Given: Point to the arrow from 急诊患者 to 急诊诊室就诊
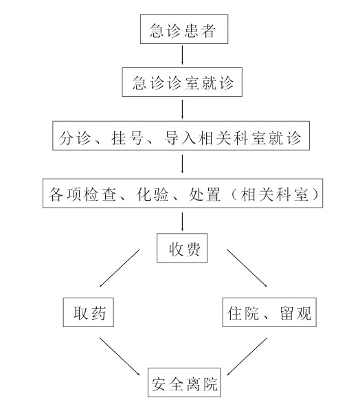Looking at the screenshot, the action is [x=182, y=55].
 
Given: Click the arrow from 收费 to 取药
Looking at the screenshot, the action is [x=120, y=268].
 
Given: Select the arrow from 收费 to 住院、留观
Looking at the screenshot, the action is [x=247, y=268].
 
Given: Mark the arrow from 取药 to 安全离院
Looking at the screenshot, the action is [x=120, y=357].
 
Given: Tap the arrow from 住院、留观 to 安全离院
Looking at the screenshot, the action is [x=247, y=357].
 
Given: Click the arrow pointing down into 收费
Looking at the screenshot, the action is [x=182, y=221].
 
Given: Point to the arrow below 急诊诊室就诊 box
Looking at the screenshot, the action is [x=182, y=109].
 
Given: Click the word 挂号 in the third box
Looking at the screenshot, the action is [x=127, y=137].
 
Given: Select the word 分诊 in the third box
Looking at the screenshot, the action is [x=75, y=137].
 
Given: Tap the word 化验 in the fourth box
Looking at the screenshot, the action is [x=153, y=195].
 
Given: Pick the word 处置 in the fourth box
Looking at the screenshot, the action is [x=204, y=195].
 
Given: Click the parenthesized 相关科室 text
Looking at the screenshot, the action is [x=275, y=195].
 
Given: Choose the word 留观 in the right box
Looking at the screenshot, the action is [x=295, y=313].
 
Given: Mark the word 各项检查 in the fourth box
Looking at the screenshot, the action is [x=82, y=195].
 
